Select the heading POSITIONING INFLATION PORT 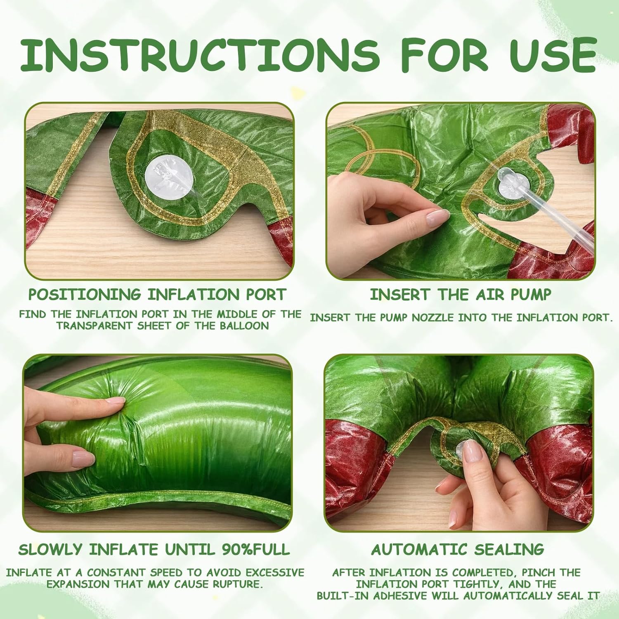coord(157,295)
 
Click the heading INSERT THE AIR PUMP coord(460,295)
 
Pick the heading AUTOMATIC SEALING coord(458,550)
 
